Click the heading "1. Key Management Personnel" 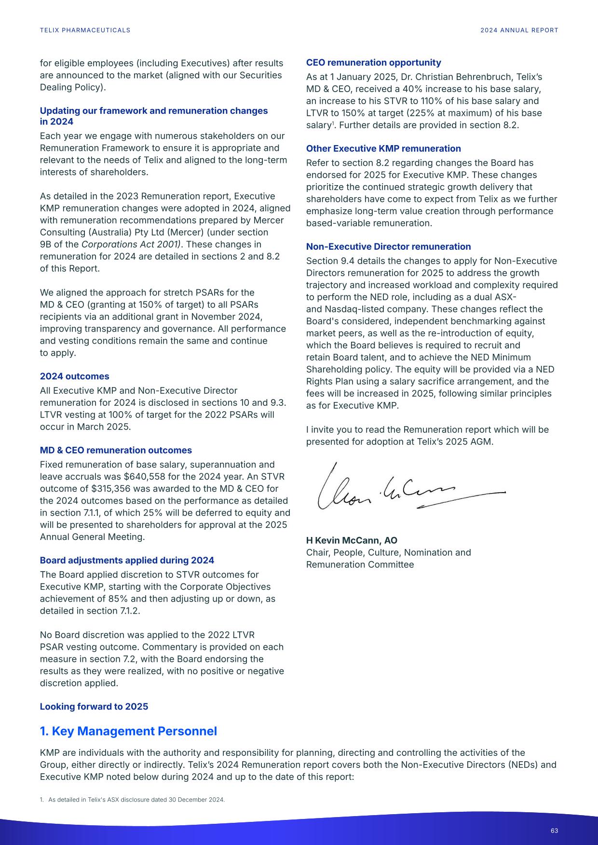(128, 731)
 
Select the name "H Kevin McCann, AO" (352, 540)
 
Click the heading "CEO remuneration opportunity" (373, 63)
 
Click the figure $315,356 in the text (104, 489)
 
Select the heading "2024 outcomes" (74, 376)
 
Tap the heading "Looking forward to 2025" (94, 707)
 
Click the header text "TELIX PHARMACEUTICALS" (85, 30)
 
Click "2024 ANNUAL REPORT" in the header (519, 30)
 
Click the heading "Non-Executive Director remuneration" (388, 247)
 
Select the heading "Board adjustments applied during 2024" (127, 561)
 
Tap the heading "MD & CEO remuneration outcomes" (116, 450)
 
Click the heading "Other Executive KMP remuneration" (383, 149)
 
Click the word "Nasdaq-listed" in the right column (353, 309)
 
